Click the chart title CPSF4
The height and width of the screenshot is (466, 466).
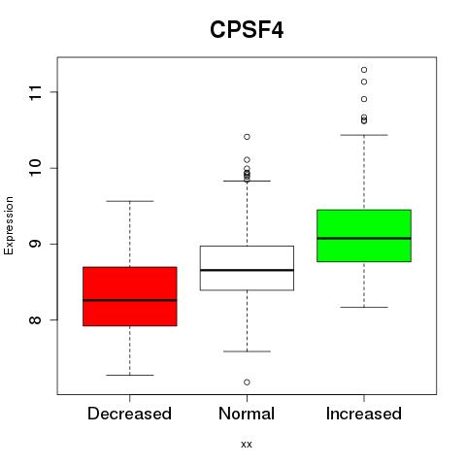click(247, 30)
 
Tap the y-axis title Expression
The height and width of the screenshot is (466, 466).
click(9, 225)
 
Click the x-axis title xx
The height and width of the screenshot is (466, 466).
click(247, 444)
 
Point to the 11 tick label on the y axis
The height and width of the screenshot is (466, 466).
click(36, 92)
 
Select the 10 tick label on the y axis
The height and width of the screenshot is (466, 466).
click(36, 168)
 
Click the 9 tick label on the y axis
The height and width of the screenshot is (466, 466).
click(36, 244)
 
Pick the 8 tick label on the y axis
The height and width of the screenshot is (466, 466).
click(36, 319)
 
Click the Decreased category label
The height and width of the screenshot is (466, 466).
click(129, 414)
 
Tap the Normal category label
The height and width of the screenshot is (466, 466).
click(247, 414)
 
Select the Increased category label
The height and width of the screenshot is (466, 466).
click(364, 414)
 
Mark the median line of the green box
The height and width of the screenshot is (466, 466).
click(364, 238)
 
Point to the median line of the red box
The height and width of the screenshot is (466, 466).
click(130, 300)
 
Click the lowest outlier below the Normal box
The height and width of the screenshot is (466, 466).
click(247, 383)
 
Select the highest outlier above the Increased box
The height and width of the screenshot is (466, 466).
click(364, 70)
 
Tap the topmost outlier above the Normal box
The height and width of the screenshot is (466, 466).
click(247, 137)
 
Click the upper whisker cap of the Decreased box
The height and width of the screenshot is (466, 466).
click(130, 201)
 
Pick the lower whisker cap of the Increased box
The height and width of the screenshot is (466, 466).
click(364, 307)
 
